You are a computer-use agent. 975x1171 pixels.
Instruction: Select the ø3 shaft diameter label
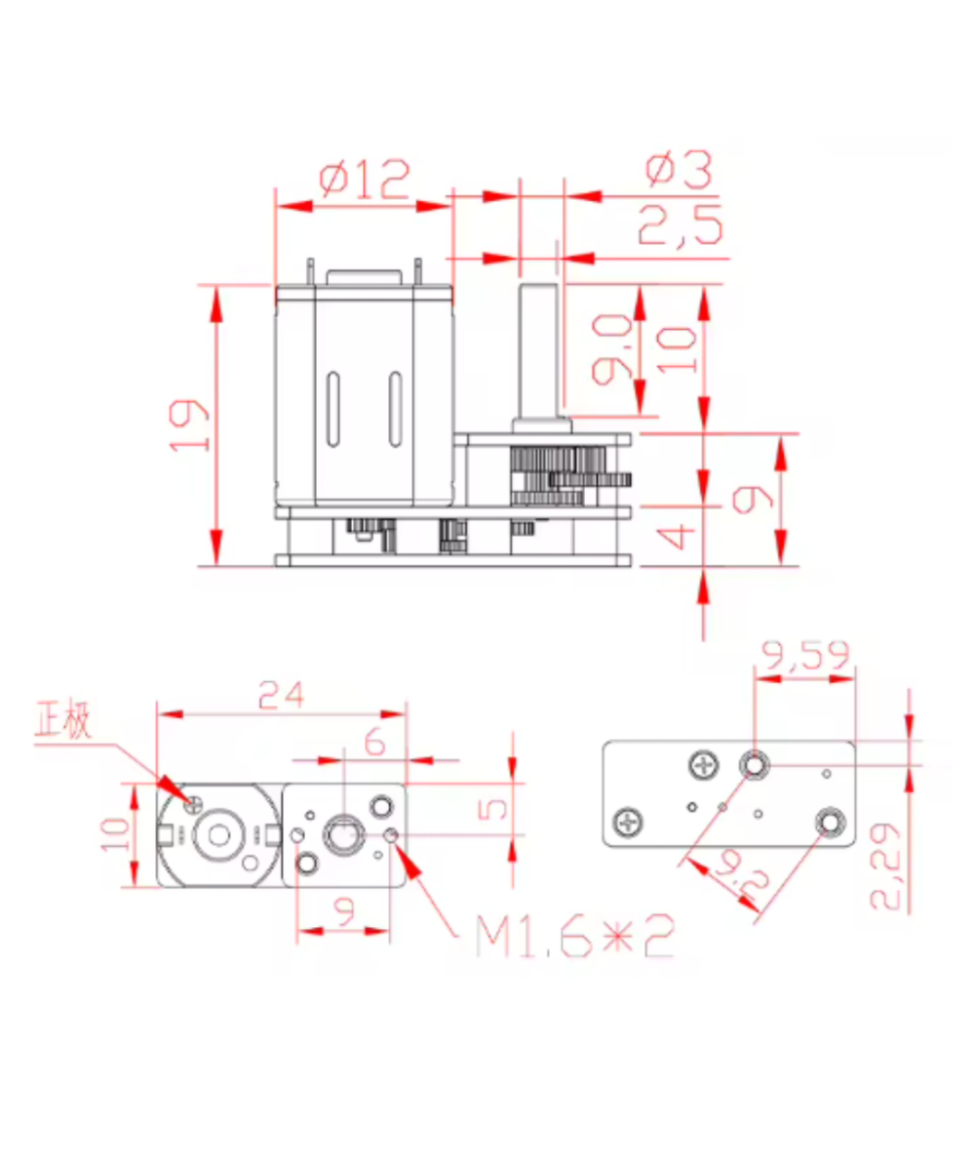point(680,170)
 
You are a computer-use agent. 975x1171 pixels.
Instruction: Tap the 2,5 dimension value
point(681,228)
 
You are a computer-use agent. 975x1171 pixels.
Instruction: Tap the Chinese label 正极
point(63,722)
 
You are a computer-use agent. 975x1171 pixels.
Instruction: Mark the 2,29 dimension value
point(886,867)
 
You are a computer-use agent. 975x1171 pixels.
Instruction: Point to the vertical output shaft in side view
point(539,351)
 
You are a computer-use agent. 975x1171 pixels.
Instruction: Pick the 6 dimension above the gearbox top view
point(374,743)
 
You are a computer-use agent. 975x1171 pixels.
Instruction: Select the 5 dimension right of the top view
point(495,810)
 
